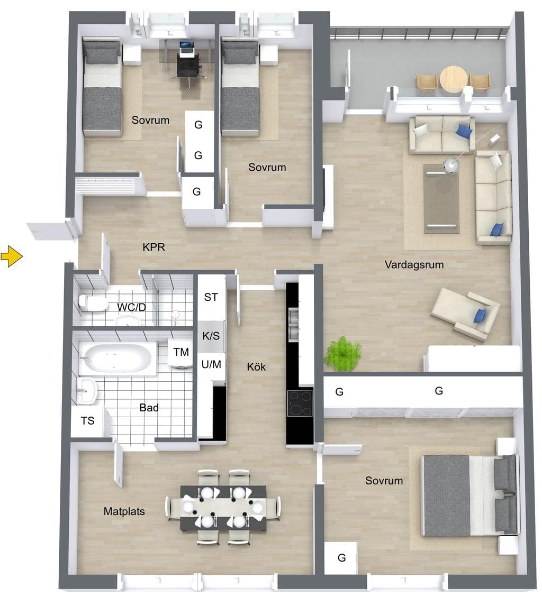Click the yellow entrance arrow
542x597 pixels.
[x=12, y=256]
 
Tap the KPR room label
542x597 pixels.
[x=153, y=247]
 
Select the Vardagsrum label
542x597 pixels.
[x=414, y=264]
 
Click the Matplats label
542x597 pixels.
[x=124, y=511]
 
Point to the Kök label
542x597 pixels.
[x=256, y=366]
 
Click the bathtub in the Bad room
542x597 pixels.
[x=118, y=359]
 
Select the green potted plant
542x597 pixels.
[x=342, y=354]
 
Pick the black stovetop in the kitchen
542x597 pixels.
[x=300, y=403]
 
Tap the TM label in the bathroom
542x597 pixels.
[x=181, y=352]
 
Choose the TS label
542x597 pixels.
[x=87, y=421]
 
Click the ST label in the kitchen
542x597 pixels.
[x=211, y=297]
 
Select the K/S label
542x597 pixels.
[x=211, y=336]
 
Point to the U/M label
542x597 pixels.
[x=211, y=364]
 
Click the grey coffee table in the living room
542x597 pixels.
[x=441, y=199]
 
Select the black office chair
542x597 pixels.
[x=188, y=67]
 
